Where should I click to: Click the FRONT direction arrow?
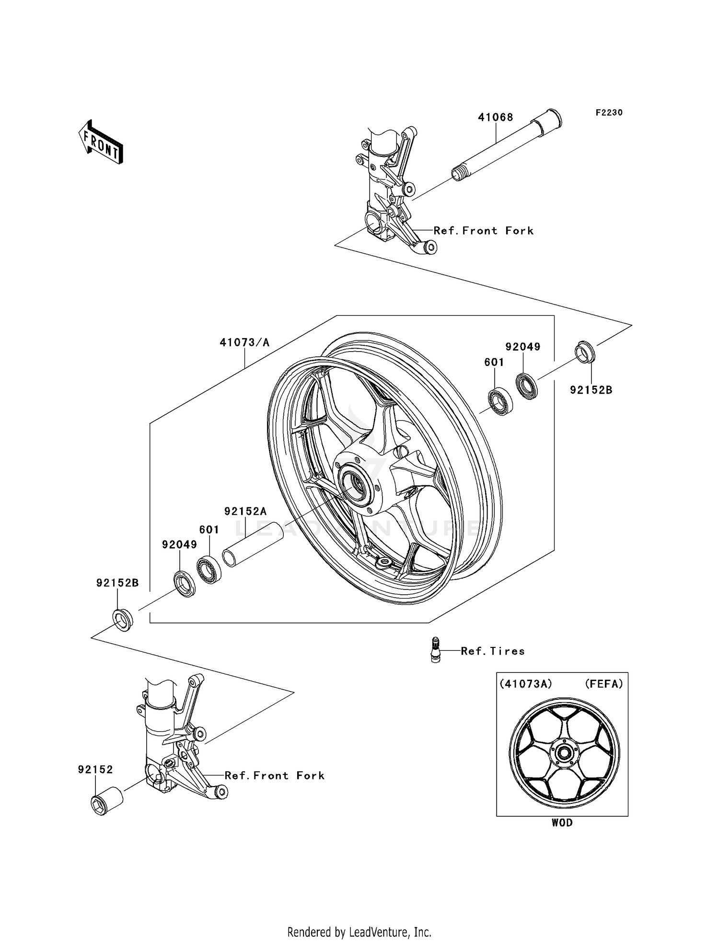pyautogui.click(x=101, y=142)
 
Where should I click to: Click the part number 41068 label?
pyautogui.click(x=495, y=118)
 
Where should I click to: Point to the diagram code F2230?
pyautogui.click(x=609, y=113)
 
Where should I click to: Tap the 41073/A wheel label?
pyautogui.click(x=244, y=342)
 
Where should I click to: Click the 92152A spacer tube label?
pyautogui.click(x=245, y=511)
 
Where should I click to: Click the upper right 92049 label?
pyautogui.click(x=522, y=347)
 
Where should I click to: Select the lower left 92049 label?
pyautogui.click(x=179, y=545)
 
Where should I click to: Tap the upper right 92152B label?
pyautogui.click(x=591, y=390)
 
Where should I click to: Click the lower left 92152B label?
pyautogui.click(x=117, y=583)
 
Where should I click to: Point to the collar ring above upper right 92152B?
pyautogui.click(x=585, y=352)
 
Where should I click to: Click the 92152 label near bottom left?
pyautogui.click(x=95, y=770)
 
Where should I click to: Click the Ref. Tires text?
pyautogui.click(x=492, y=651)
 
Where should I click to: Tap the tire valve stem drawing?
pyautogui.click(x=435, y=650)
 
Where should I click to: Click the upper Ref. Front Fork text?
pyautogui.click(x=483, y=231)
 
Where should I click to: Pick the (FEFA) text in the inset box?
pyautogui.click(x=603, y=684)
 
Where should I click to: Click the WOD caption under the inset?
pyautogui.click(x=562, y=823)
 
